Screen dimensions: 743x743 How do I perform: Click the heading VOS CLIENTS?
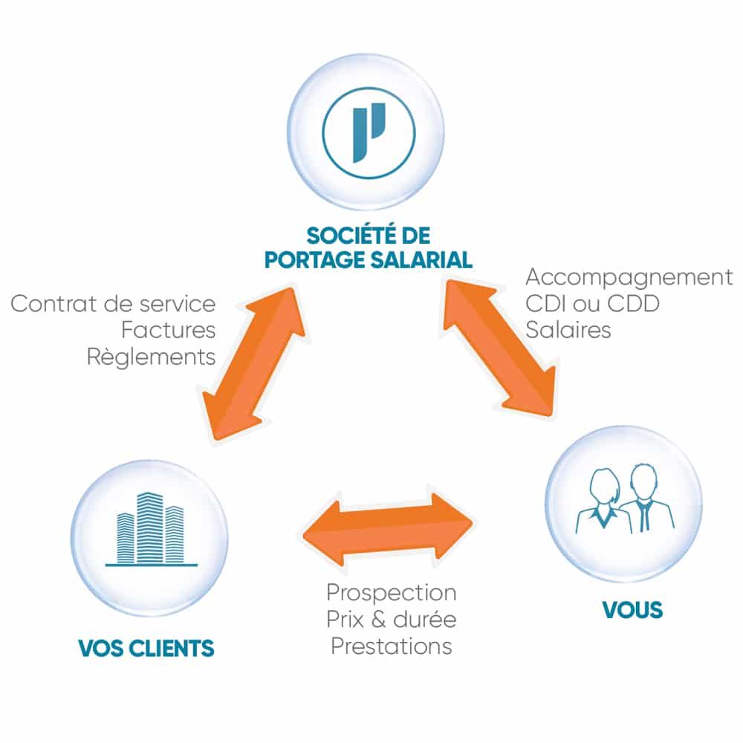[x=146, y=647]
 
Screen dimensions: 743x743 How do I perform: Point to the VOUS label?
[x=632, y=611]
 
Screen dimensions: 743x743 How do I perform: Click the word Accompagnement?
[x=629, y=278]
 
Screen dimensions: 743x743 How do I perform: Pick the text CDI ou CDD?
[x=592, y=304]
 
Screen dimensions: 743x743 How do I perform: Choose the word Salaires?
[x=568, y=329]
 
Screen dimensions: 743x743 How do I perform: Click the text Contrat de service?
[x=114, y=303]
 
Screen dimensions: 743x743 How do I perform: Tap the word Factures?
[x=168, y=329]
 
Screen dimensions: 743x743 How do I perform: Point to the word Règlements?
[x=151, y=356]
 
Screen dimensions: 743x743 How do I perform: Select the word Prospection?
[x=392, y=593]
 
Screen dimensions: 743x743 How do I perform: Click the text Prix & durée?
[x=392, y=619]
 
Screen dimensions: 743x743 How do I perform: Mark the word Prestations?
[x=392, y=645]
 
